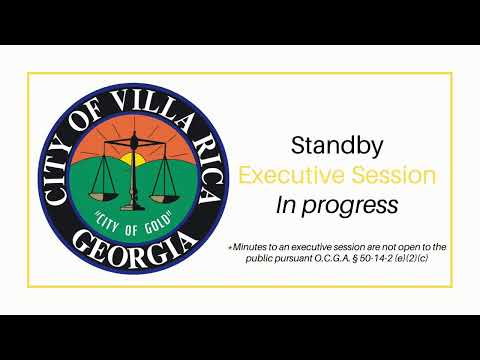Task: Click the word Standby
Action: (x=337, y=146)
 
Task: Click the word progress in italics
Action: (x=350, y=206)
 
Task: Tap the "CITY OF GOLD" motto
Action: (x=133, y=222)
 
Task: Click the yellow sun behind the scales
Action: (x=133, y=159)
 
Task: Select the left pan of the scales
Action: (x=103, y=196)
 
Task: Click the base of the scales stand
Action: (x=133, y=207)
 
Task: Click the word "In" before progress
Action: (x=286, y=205)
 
